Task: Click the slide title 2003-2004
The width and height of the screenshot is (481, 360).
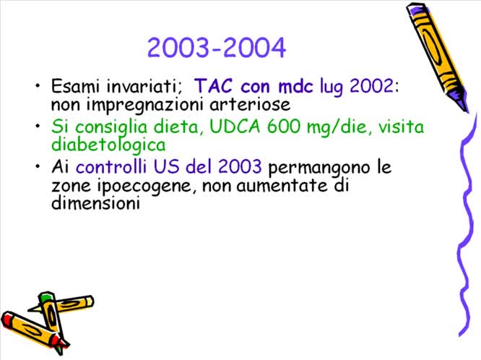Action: point(217,48)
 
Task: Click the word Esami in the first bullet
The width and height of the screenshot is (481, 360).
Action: point(75,87)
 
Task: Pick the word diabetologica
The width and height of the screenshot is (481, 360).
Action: point(108,145)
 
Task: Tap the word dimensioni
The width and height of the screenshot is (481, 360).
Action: point(95,204)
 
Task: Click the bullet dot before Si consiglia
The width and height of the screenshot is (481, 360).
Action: point(38,127)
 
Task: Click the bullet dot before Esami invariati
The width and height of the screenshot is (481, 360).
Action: point(38,87)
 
